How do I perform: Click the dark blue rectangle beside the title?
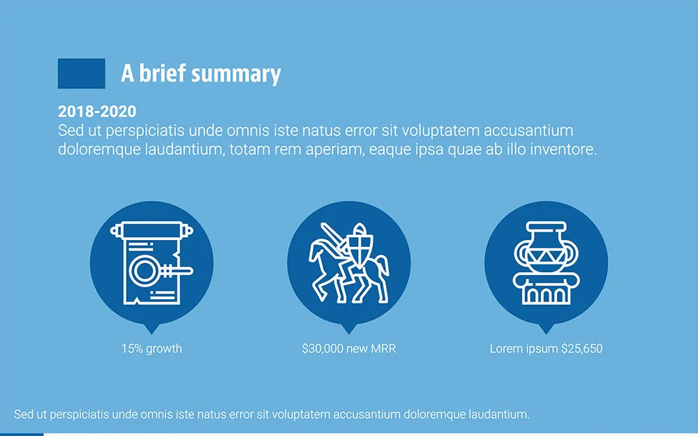click(x=81, y=73)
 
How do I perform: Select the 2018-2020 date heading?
click(x=97, y=112)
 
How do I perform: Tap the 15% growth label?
click(x=151, y=348)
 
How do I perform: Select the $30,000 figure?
click(x=322, y=348)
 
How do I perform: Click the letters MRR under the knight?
click(x=383, y=348)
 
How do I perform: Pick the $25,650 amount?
click(x=581, y=348)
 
